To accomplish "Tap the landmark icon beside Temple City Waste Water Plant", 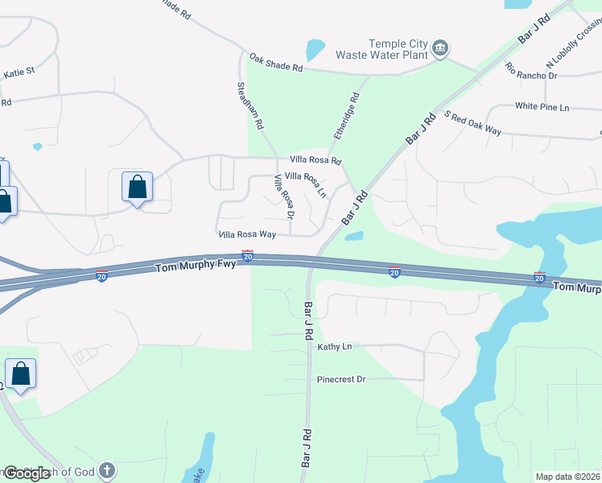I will point(440,48).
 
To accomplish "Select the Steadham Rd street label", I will point(250,105).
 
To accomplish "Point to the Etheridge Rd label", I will point(346,117).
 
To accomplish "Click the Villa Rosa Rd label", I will point(315,160).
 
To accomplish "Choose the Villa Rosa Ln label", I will point(305,184).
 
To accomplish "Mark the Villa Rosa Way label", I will point(248,234).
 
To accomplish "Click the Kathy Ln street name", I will point(335,347).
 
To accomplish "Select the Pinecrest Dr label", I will point(341,378).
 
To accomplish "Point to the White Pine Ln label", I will point(542,106).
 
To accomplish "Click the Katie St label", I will point(19,72).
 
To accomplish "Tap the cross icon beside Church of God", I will point(107,471).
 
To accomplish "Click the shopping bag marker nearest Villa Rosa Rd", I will point(137,187).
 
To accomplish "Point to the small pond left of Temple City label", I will point(315,50).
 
